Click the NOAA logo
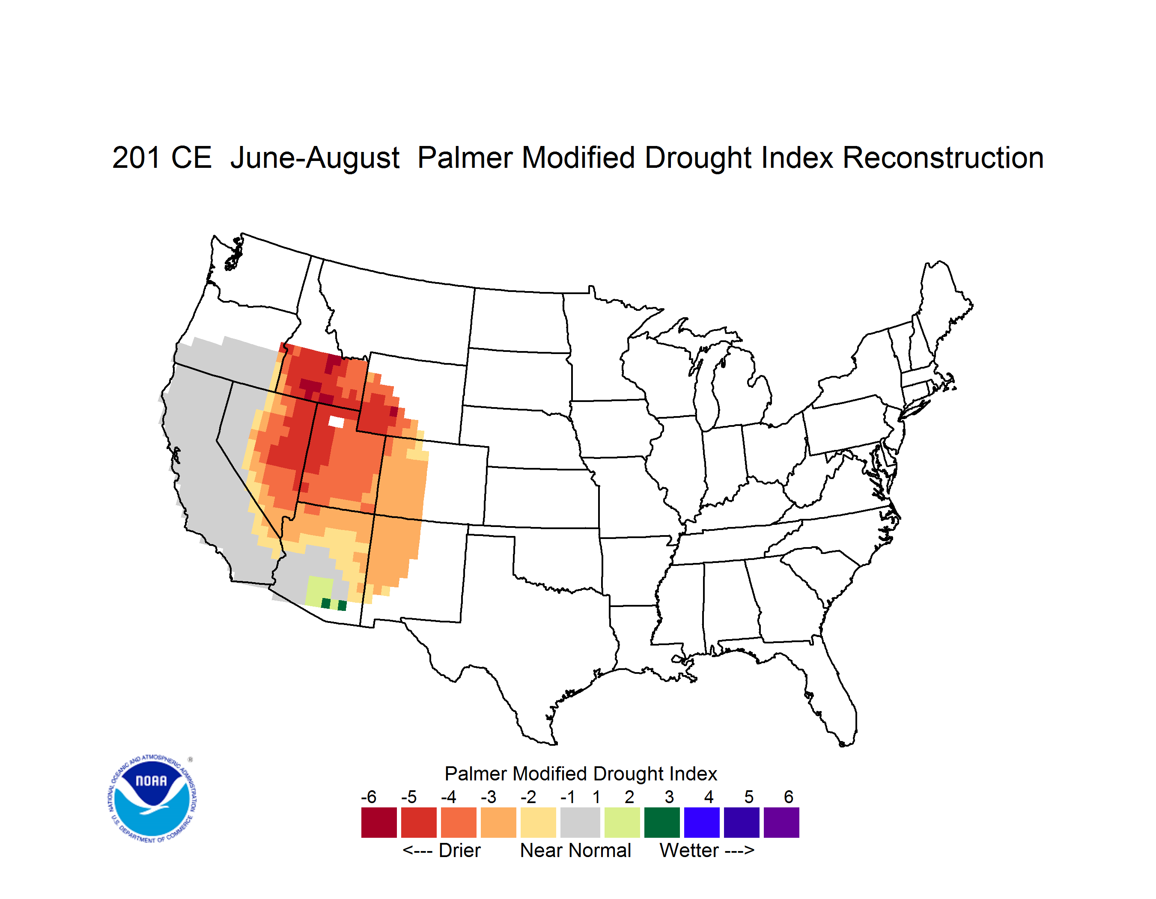pos(152,799)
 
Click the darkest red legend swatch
pos(379,823)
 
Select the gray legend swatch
pos(580,823)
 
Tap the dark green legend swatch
pos(661,823)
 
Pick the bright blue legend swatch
pos(702,823)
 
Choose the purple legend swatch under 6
pos(781,823)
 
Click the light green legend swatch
pos(622,823)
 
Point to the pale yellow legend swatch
pos(538,823)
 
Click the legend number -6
pos(368,797)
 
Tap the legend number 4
pos(709,797)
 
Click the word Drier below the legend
pos(459,850)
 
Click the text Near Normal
pos(575,850)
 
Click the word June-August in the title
pos(315,159)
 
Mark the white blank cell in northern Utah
pos(336,422)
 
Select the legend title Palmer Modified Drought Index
pos(581,774)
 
